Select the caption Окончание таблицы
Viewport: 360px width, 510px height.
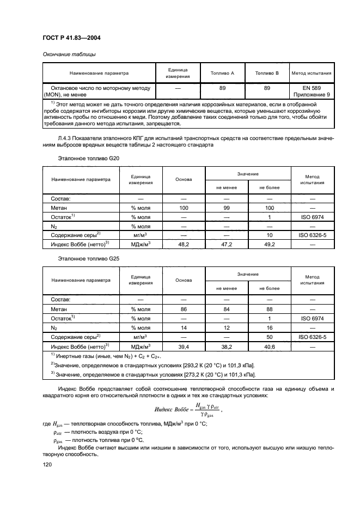click(69, 54)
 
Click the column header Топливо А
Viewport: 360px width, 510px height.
click(222, 72)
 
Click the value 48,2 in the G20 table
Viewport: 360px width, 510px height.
click(184, 245)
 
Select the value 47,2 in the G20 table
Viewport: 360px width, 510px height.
click(226, 245)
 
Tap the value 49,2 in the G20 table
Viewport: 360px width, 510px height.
click(269, 245)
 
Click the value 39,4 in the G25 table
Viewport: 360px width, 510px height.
click(184, 347)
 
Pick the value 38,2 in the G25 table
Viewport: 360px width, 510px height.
click(226, 347)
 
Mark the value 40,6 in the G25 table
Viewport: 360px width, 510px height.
click(269, 347)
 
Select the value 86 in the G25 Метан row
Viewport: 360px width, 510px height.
click(184, 309)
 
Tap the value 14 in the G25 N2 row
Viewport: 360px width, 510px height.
click(184, 328)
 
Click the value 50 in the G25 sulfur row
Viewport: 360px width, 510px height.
click(269, 337)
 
